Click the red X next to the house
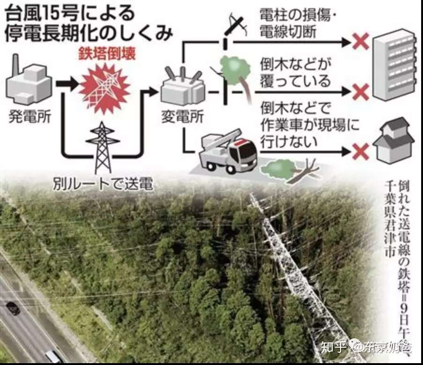[x=361, y=151]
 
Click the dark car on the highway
[x=13, y=308]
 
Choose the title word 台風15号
[x=35, y=12]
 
